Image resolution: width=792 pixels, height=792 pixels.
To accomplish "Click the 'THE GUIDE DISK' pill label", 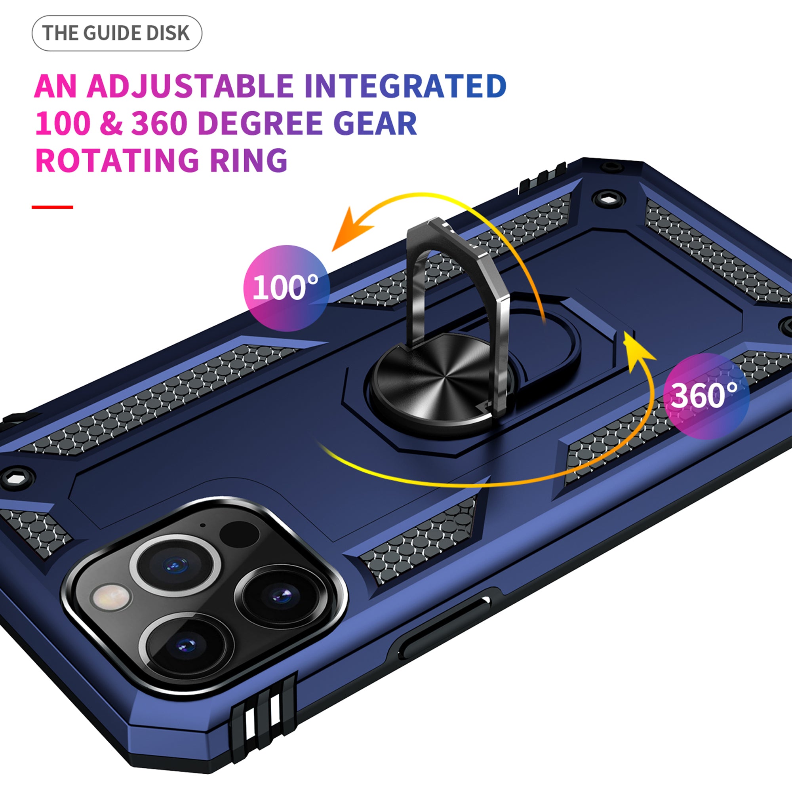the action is click(x=117, y=33).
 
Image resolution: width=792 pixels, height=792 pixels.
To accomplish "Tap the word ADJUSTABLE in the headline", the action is click(x=190, y=86).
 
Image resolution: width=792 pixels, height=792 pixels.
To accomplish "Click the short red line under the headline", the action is click(x=53, y=207).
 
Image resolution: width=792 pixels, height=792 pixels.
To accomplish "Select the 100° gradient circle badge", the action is click(x=287, y=288).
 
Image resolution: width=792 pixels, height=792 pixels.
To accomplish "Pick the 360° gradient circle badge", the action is click(x=706, y=396).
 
